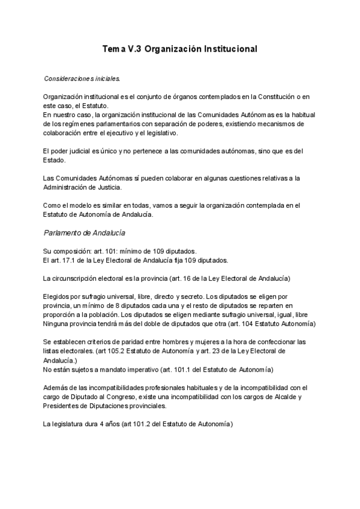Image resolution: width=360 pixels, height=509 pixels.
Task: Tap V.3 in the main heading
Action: [x=135, y=49]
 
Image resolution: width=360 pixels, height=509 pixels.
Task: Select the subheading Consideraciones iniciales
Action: [x=82, y=79]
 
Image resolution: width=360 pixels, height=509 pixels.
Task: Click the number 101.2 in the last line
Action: [x=149, y=424]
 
